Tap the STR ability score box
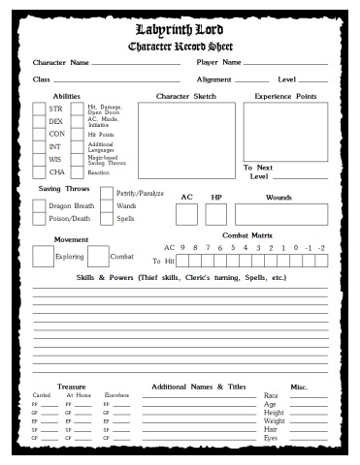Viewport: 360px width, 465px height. (x=39, y=109)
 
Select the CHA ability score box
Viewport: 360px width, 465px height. (x=39, y=172)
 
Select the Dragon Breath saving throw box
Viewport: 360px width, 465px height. (x=40, y=205)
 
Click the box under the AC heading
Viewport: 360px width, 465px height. (x=187, y=214)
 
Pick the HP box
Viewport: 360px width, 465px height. (x=217, y=214)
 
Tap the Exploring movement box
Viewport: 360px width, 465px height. (x=43, y=256)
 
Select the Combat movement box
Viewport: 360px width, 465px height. (x=98, y=256)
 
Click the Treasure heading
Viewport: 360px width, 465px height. (x=71, y=386)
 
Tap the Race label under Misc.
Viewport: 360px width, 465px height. (x=273, y=396)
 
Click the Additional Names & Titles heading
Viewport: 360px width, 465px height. (x=198, y=386)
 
